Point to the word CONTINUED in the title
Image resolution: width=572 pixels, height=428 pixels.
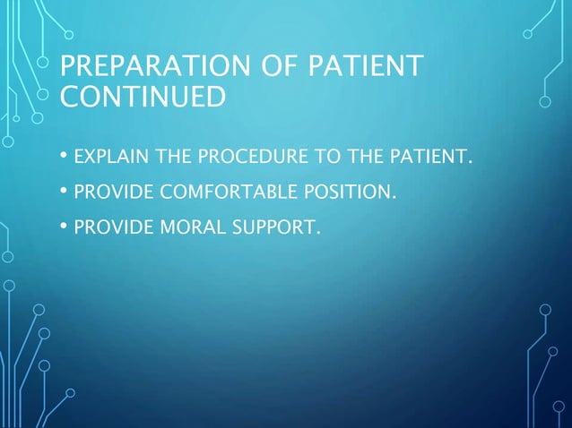143,96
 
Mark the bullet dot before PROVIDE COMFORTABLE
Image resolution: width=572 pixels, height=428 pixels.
64,191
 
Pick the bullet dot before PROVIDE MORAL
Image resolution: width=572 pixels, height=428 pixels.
64,222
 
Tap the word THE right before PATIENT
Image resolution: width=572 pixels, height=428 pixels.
363,159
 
